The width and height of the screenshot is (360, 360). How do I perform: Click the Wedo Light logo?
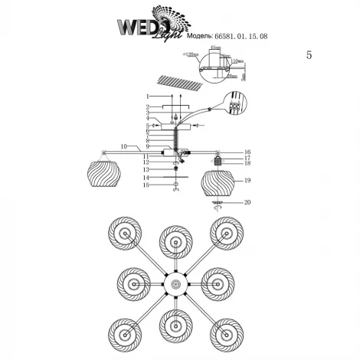tap(150, 22)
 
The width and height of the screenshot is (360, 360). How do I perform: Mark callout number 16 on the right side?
tap(247, 152)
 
